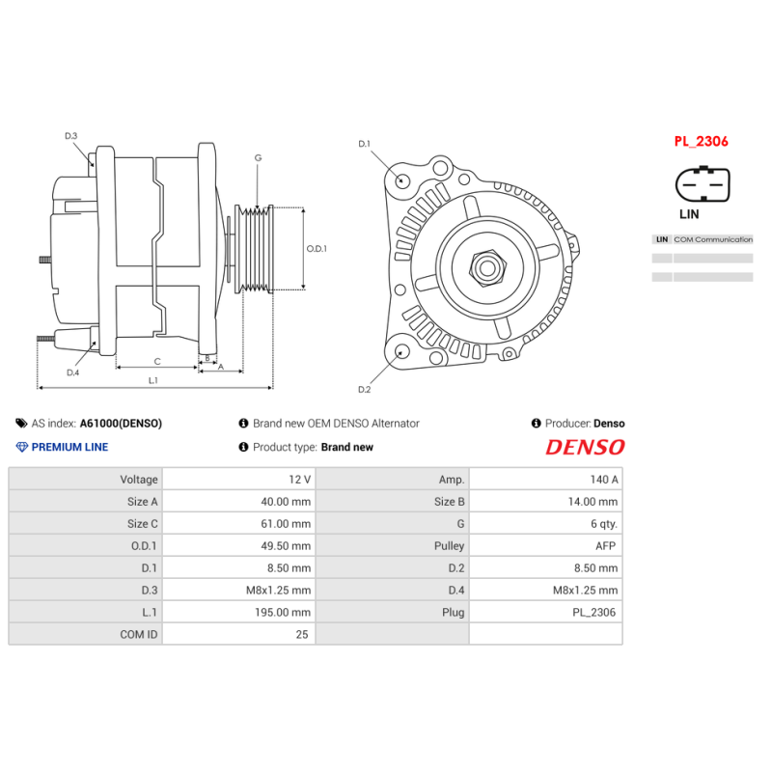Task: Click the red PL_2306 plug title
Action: [x=701, y=141]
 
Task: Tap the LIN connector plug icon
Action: [x=703, y=183]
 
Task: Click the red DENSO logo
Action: [x=585, y=448]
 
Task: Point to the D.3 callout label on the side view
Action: [x=71, y=136]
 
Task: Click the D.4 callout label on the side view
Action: [x=72, y=372]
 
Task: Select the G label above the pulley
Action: [x=258, y=157]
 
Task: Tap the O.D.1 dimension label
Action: [x=317, y=248]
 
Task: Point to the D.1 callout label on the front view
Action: [x=364, y=144]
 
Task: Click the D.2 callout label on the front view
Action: [x=364, y=389]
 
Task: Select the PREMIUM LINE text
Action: [x=69, y=447]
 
